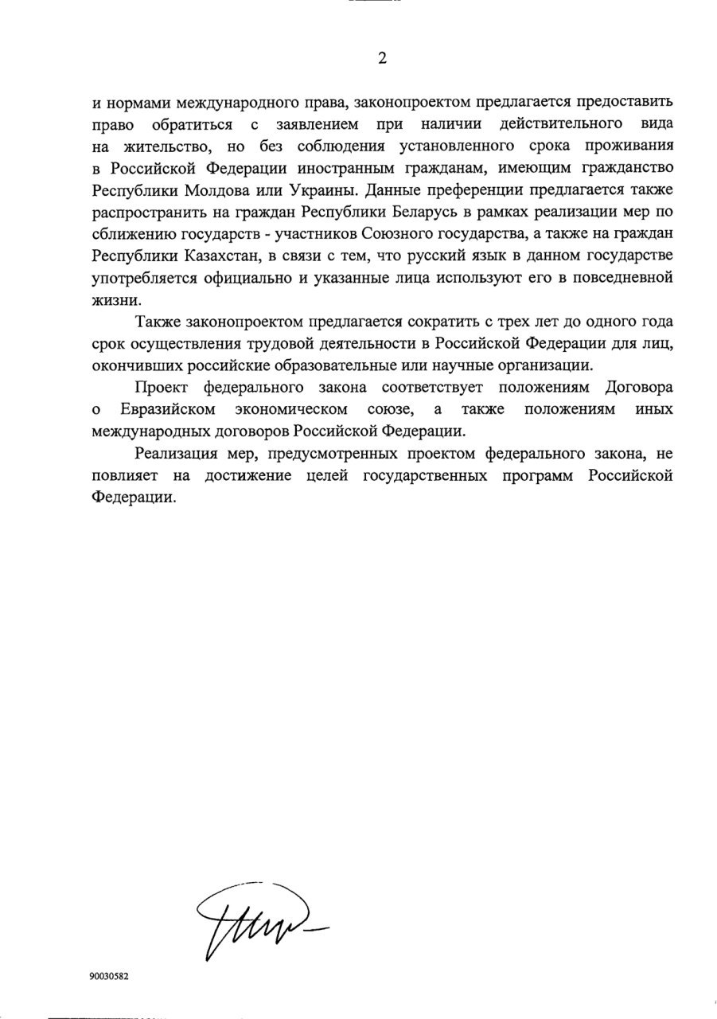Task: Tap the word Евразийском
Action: pyautogui.click(x=169, y=410)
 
